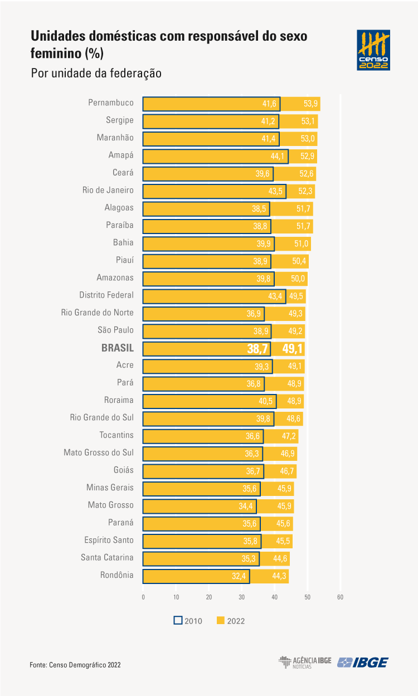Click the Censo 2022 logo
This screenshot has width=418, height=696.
(373, 50)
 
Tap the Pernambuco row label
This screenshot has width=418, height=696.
(111, 103)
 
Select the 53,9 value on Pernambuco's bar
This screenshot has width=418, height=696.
(310, 104)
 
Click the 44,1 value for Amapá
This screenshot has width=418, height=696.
(277, 156)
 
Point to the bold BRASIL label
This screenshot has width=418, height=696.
(118, 348)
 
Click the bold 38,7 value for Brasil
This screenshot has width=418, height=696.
(257, 349)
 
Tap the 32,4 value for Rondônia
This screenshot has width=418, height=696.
(239, 576)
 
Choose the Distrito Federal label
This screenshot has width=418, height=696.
(106, 295)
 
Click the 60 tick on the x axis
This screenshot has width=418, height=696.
(341, 597)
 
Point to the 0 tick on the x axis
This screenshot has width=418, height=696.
(143, 597)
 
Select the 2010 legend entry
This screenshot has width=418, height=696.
(188, 621)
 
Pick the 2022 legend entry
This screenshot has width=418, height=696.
(231, 621)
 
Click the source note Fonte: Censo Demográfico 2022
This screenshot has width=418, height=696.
(75, 665)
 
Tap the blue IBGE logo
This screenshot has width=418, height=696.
(363, 663)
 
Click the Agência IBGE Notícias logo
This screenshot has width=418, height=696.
(305, 663)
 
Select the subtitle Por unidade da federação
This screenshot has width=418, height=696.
(96, 74)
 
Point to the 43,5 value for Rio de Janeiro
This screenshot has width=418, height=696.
(275, 191)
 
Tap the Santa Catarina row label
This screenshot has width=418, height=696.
(107, 557)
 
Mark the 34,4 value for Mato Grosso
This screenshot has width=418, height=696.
(246, 507)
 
